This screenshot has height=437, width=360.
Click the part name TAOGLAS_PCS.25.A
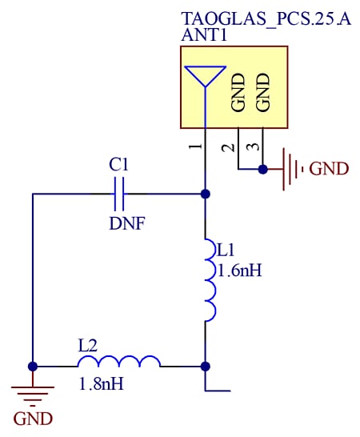266,18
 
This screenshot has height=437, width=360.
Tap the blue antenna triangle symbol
206,75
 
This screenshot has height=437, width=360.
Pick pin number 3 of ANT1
252,147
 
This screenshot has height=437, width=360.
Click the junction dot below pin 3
262,169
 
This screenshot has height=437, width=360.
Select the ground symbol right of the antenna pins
291,169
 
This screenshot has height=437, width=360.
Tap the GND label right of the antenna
329,169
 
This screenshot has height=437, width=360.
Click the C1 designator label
118,165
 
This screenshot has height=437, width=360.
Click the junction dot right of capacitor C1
206,194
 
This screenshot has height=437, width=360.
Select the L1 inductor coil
209,280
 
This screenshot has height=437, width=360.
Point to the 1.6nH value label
239,271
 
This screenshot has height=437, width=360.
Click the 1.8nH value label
101,384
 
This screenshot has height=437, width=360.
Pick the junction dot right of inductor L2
206,366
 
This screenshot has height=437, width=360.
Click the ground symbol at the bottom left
33,392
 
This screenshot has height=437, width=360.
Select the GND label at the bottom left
33,419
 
